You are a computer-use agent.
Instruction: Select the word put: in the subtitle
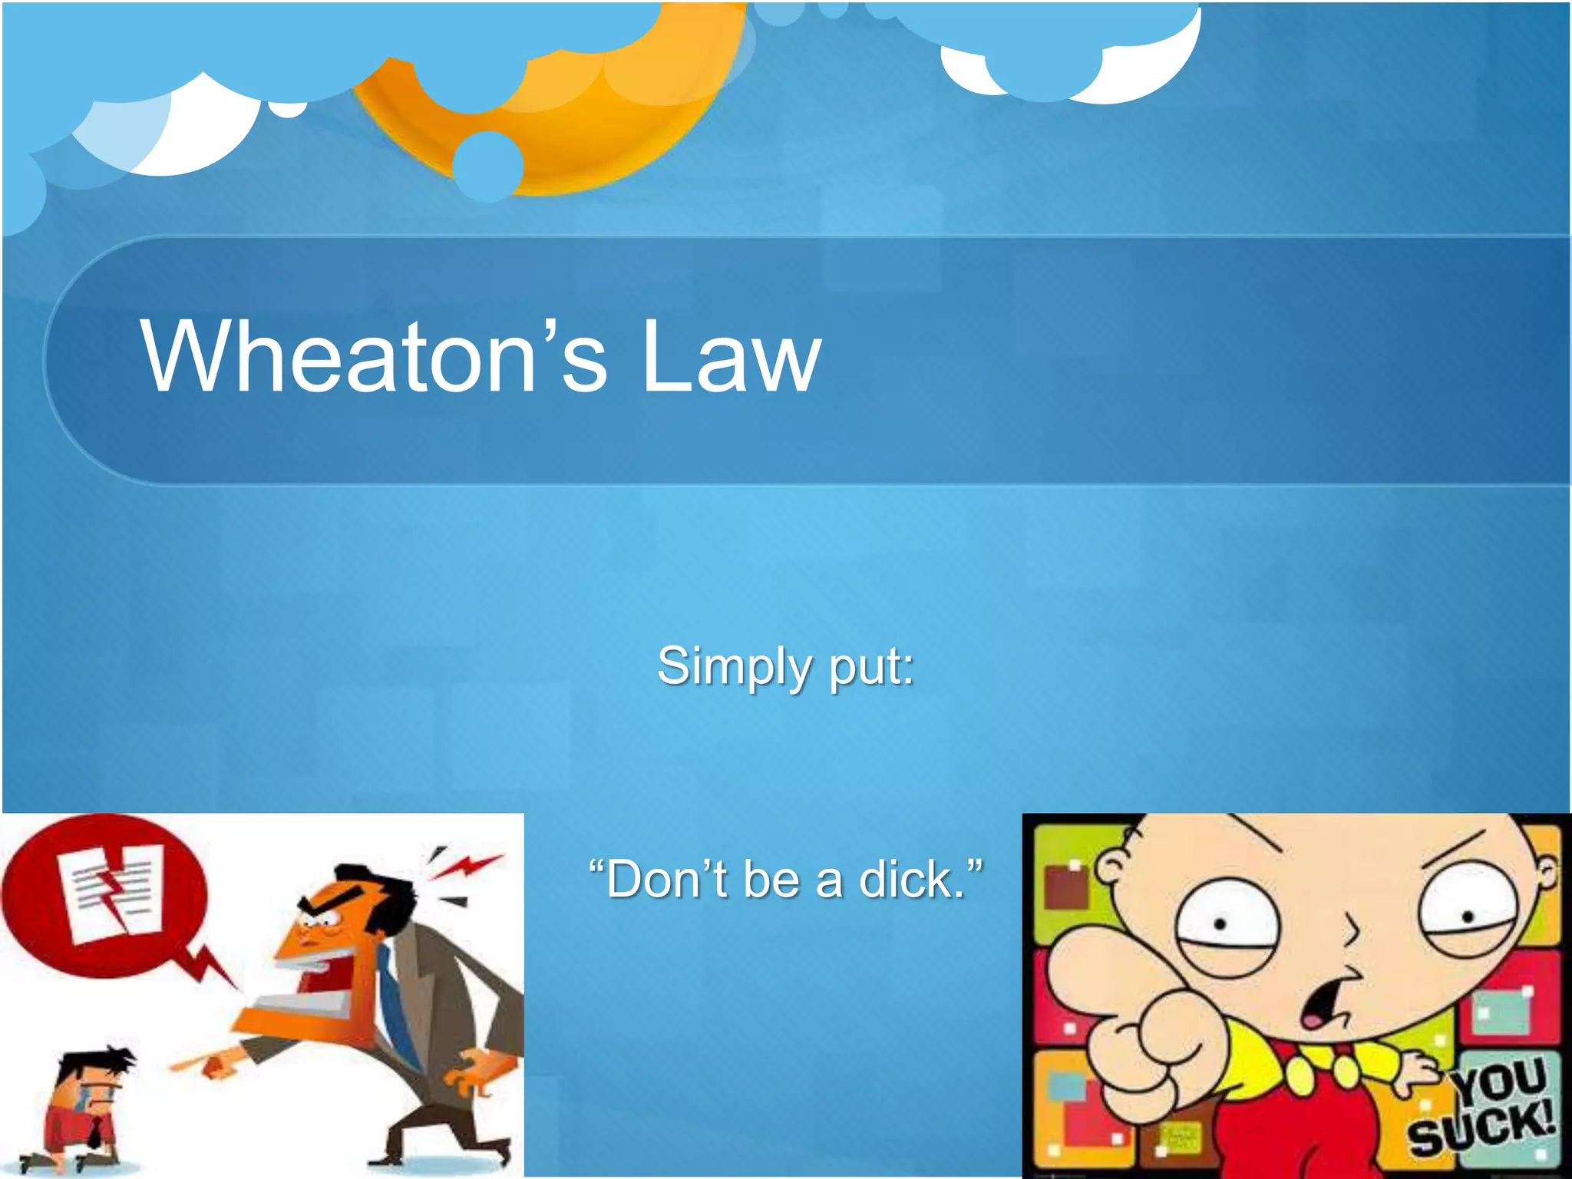click(x=872, y=666)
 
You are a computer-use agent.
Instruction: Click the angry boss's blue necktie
click(x=399, y=1006)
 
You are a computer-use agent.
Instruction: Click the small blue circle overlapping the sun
click(x=488, y=166)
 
